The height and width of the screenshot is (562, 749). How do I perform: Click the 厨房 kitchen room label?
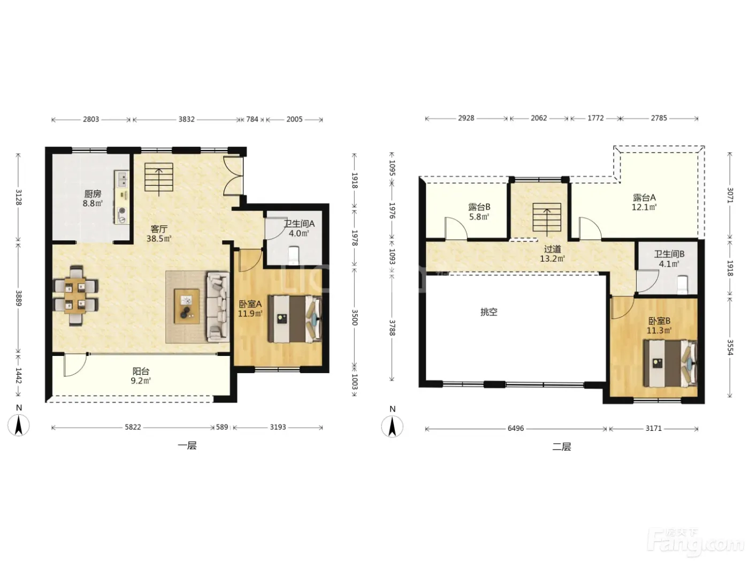click(93, 194)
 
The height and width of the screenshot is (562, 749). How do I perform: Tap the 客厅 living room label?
click(159, 229)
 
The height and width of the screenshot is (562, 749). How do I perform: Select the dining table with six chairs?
click(75, 295)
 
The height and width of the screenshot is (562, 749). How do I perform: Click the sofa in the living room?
click(218, 307)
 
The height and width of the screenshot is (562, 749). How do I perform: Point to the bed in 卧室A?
click(295, 319)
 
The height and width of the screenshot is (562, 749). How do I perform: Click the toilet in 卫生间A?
click(294, 256)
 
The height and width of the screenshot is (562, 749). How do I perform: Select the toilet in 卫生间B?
click(683, 285)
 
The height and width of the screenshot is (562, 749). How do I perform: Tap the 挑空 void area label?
click(488, 312)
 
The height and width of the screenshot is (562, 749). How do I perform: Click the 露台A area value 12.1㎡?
click(644, 207)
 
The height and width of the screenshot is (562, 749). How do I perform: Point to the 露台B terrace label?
click(479, 207)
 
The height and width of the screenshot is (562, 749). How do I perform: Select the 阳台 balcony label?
click(141, 371)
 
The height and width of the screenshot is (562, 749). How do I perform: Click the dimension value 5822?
click(133, 427)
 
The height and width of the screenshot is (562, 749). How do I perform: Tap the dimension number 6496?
click(516, 428)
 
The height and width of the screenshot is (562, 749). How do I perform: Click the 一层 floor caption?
click(187, 446)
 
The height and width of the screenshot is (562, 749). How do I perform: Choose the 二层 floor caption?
click(562, 447)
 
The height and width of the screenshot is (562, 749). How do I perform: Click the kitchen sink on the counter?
click(122, 179)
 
